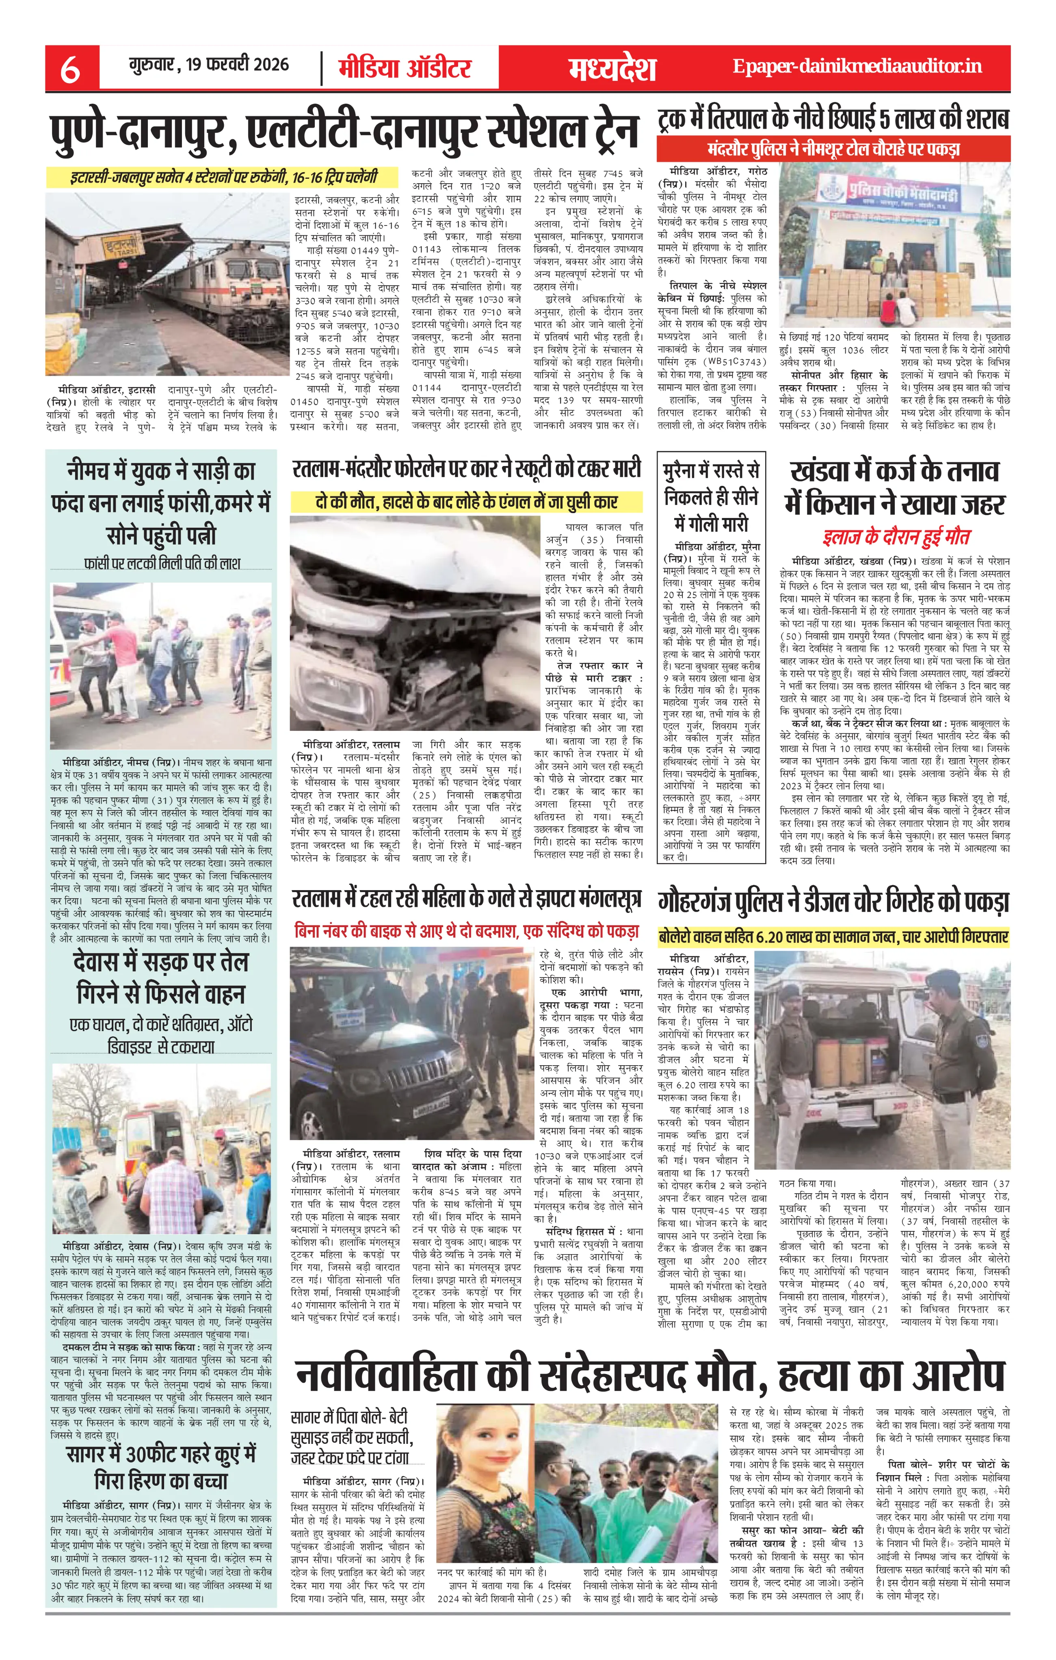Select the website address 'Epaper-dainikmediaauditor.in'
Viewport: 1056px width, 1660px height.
857,67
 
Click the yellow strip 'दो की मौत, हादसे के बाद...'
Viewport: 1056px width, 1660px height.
466,501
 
